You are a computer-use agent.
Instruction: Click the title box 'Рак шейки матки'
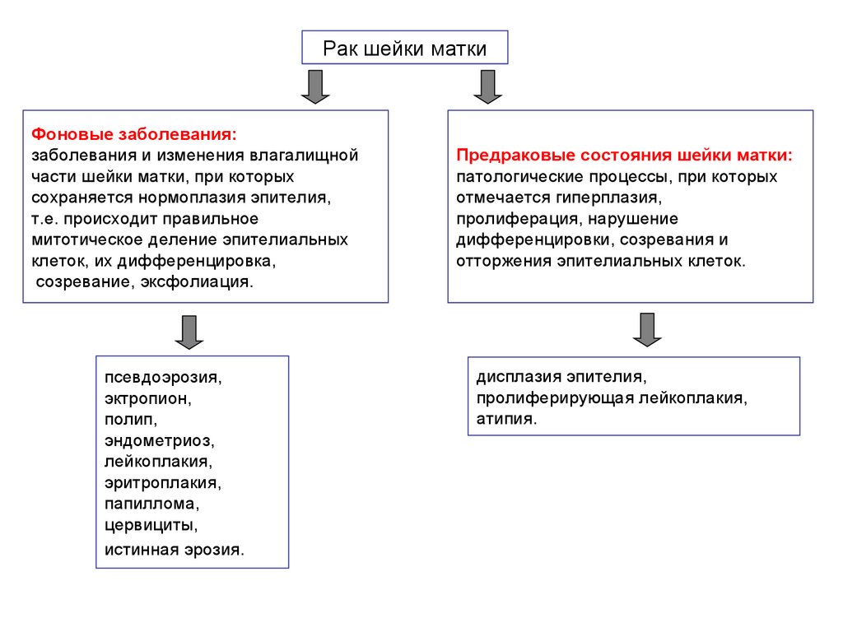[x=404, y=49]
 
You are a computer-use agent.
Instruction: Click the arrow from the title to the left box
[x=314, y=86]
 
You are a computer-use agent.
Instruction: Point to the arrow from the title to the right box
[x=488, y=86]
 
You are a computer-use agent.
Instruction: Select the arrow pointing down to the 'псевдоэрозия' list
[x=189, y=331]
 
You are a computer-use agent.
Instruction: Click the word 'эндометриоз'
[x=157, y=440]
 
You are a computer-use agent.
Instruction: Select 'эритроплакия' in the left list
[x=161, y=482]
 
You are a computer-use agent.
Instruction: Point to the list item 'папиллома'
[x=151, y=503]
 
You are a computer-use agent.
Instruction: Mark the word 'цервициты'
[x=149, y=523]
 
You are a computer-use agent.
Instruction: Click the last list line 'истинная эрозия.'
[x=174, y=548]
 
